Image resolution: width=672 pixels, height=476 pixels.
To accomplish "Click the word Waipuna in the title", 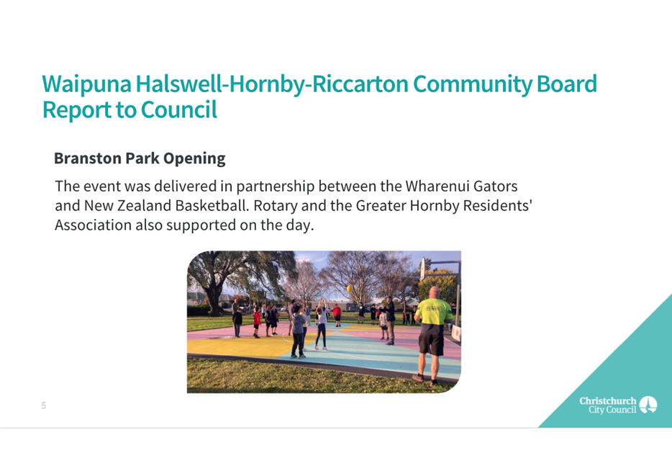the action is pos(86,85).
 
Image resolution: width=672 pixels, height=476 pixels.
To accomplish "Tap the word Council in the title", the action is pos(178,109).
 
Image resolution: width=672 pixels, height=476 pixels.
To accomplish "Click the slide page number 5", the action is pos(44,405).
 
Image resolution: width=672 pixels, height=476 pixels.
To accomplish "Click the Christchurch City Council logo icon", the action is pos(648,405).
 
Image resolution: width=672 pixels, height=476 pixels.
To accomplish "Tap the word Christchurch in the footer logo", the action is pos(608,400).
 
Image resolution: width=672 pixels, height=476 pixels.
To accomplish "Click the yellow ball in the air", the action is pos(349,289).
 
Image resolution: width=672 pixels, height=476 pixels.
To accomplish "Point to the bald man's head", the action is pos(434,293).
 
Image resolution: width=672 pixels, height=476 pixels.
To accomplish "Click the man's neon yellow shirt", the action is pos(433,312).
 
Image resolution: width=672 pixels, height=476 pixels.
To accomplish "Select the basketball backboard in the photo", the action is pos(422,269).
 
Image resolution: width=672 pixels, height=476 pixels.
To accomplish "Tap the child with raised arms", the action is pos(322,325).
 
